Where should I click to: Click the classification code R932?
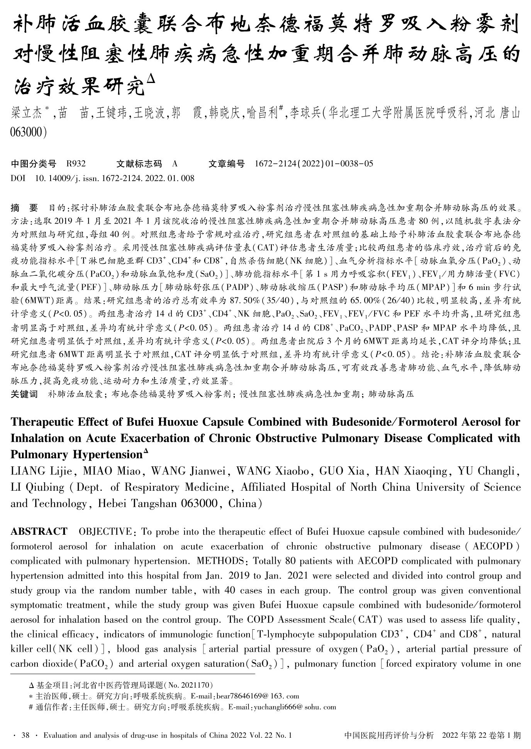[x=76, y=164]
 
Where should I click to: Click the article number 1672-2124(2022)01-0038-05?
[x=314, y=164]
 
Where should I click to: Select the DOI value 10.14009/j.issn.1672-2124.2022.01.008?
[x=115, y=178]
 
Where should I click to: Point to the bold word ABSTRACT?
[x=39, y=532]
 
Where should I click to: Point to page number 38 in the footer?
[x=25, y=735]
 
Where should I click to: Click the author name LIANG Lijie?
[x=40, y=471]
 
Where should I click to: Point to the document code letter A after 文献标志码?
[x=175, y=164]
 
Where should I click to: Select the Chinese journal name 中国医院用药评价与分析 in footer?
[x=389, y=735]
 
